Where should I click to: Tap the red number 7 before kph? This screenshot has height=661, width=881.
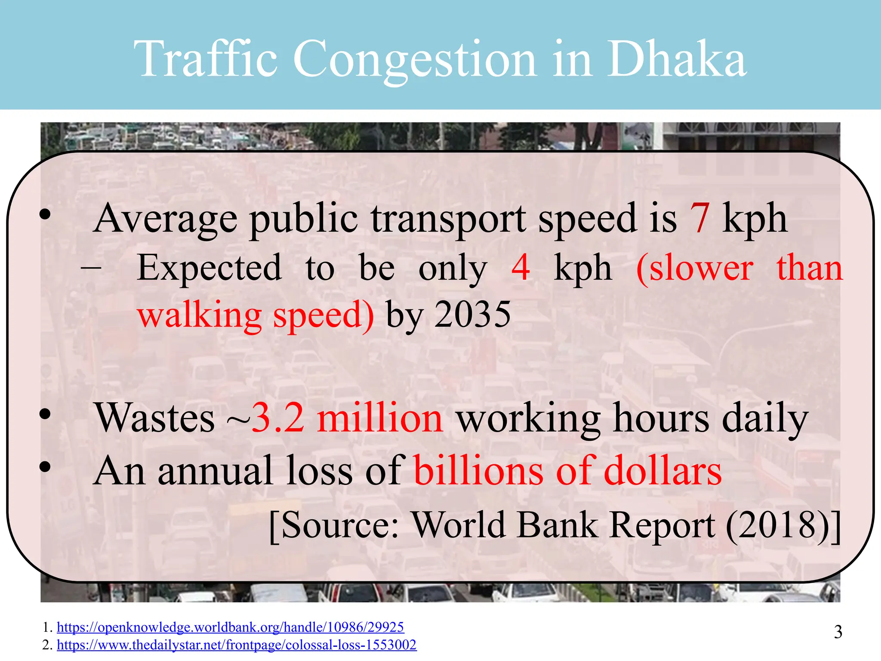pos(699,218)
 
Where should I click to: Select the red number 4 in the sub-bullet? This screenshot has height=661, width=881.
pos(521,267)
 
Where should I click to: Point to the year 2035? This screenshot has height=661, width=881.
pos(472,315)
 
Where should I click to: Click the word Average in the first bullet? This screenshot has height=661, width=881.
pos(165,219)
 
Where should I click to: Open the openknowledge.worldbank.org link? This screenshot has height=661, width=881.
pos(230,627)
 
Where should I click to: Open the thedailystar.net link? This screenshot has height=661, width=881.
pos(237,645)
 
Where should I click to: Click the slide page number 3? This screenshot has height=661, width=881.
pos(838,632)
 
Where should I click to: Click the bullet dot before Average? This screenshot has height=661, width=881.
pos(45,214)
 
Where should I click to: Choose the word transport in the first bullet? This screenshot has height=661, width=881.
pos(448,219)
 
